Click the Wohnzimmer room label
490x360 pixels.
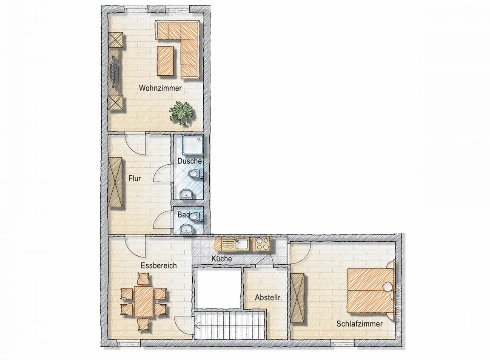160,88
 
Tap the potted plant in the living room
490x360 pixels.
181,113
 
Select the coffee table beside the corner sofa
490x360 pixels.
165,60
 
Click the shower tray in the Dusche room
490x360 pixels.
193,145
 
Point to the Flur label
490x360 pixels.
134,179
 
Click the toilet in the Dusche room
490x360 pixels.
196,174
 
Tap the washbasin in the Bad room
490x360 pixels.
187,229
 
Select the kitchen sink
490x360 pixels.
242,244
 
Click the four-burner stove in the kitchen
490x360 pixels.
263,244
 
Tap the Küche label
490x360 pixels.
222,259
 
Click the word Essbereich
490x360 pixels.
158,266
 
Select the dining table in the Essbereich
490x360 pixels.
144,301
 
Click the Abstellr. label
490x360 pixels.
268,298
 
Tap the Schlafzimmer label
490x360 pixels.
359,324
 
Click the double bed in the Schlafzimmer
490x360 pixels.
371,290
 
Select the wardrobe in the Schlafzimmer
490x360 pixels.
297,298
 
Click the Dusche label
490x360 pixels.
189,161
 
